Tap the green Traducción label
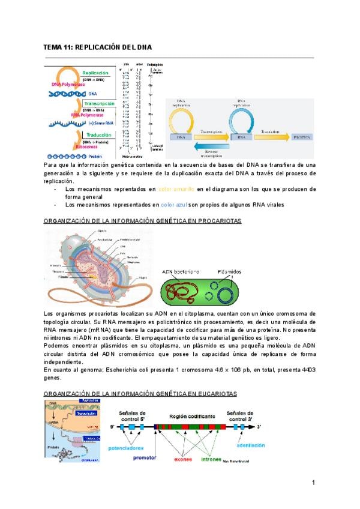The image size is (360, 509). coord(100,134)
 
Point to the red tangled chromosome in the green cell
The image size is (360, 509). coord(182,293)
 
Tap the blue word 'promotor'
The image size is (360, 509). coord(145,457)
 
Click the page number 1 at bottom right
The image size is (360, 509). coord(313,483)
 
